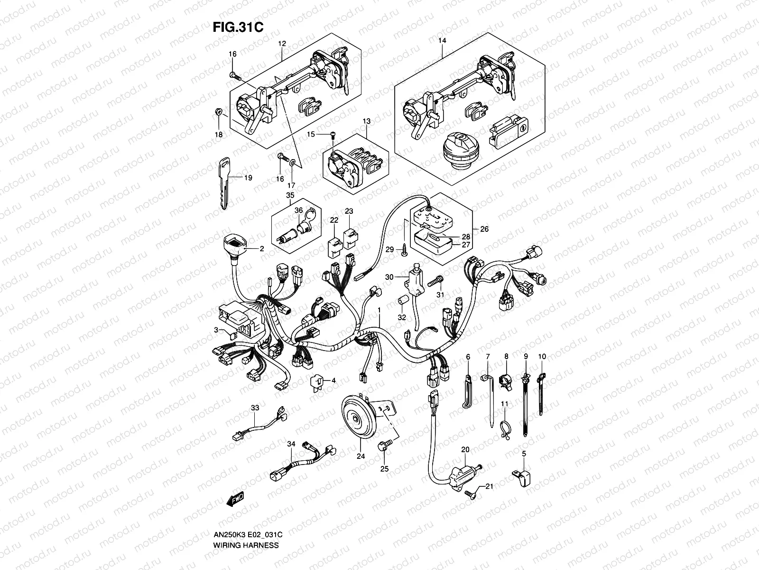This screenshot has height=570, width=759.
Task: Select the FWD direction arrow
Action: pos(235,499)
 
